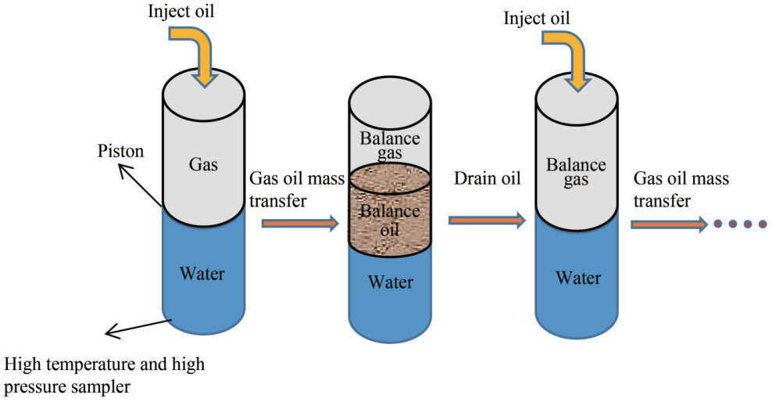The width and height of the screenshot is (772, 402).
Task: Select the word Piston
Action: tap(120, 151)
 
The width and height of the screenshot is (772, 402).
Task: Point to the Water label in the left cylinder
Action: tap(202, 274)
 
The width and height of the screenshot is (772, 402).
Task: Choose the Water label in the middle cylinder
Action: tap(389, 282)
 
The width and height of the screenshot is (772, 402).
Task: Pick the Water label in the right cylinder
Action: tap(578, 278)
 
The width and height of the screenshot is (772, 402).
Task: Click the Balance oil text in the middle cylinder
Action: tap(389, 221)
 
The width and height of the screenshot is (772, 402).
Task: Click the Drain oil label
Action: tap(487, 179)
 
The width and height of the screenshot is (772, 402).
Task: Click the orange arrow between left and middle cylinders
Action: tap(300, 224)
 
